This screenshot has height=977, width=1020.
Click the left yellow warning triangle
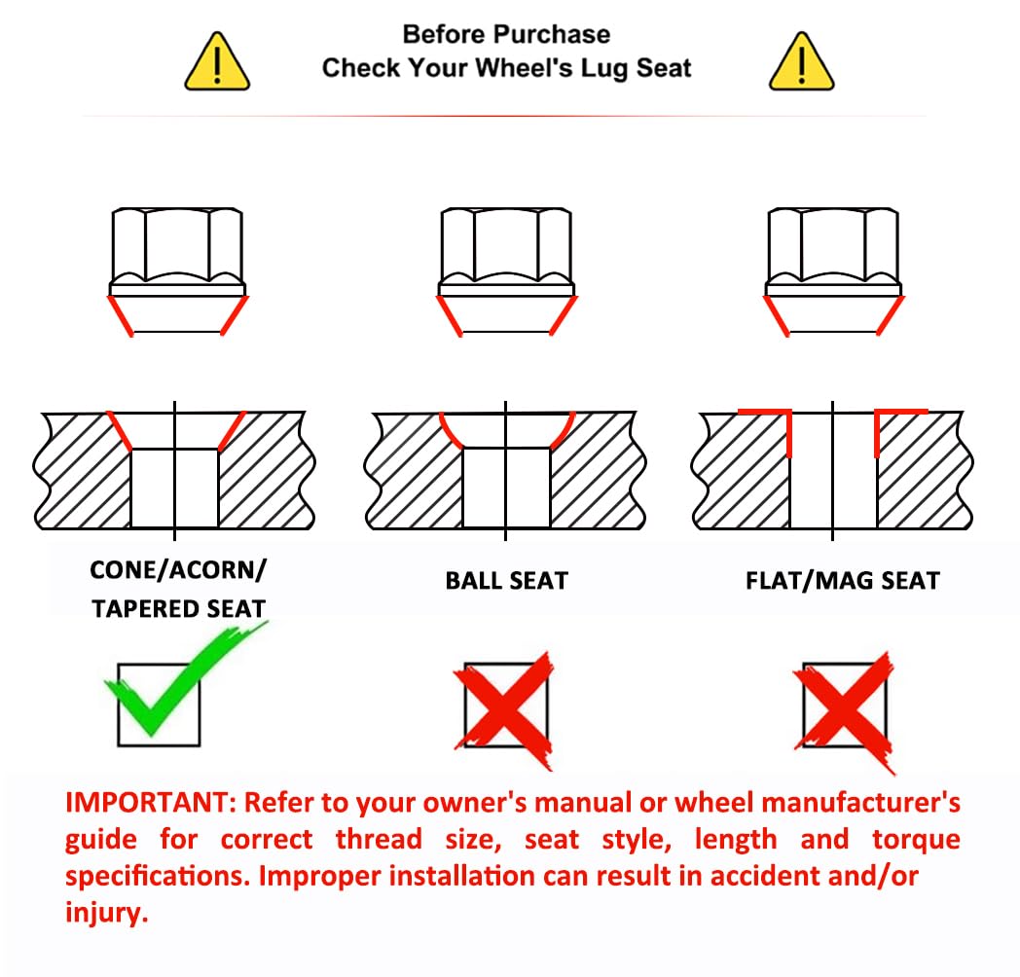click(217, 62)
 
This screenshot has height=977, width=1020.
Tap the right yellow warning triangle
click(801, 62)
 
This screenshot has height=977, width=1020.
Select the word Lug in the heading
click(605, 68)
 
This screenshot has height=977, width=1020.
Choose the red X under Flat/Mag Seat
click(844, 711)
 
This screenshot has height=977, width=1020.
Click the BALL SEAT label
click(507, 580)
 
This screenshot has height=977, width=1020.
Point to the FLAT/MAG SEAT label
click(843, 580)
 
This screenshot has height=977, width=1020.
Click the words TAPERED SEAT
click(178, 609)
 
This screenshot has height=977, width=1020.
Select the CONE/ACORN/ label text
click(178, 570)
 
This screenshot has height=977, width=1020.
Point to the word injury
click(107, 913)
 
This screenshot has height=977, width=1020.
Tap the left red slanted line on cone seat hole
click(119, 431)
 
